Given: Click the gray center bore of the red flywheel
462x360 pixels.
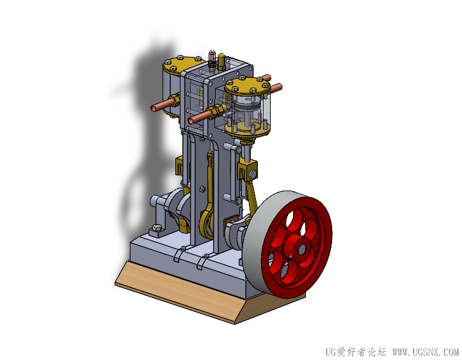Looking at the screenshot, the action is tap(301, 250).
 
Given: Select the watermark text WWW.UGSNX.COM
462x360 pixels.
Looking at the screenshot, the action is tap(426, 352).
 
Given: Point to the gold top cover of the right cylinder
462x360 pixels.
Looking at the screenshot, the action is tap(248, 86).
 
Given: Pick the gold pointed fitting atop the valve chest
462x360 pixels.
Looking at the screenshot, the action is tap(221, 61).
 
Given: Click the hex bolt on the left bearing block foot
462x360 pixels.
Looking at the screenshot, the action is tap(157, 228).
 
